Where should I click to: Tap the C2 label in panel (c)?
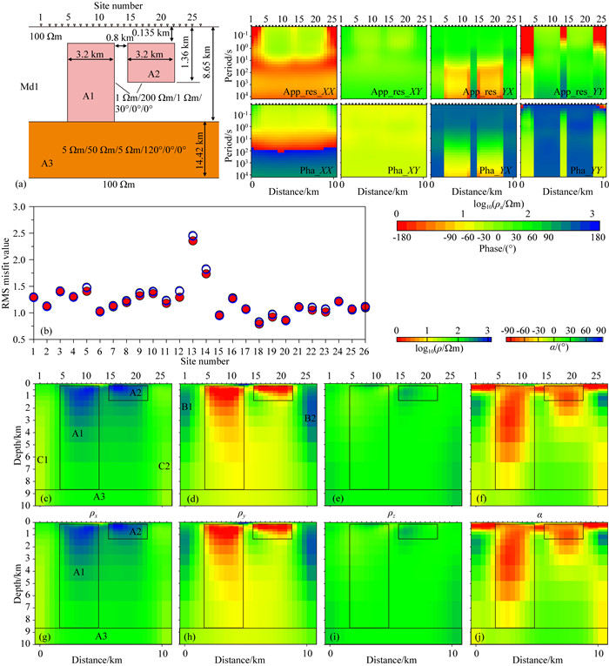point(164,467)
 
